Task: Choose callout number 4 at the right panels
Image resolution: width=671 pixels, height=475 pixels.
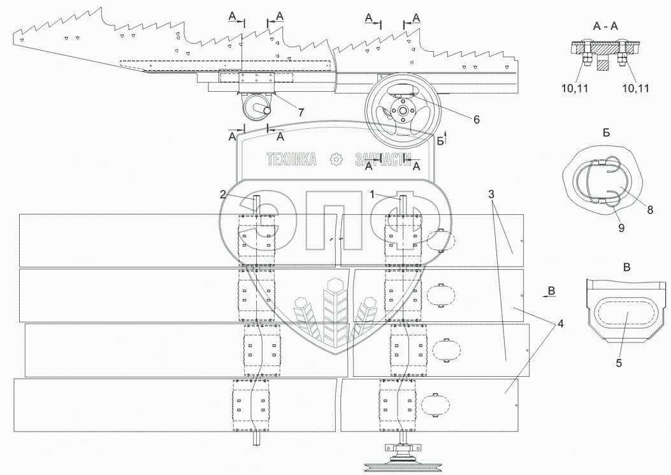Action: pyautogui.click(x=560, y=323)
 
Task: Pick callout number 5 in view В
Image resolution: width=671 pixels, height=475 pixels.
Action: pyautogui.click(x=619, y=363)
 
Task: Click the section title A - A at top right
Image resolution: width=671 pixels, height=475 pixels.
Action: pyautogui.click(x=605, y=26)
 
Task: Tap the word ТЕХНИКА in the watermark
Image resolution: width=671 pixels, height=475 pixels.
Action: pyautogui.click(x=292, y=160)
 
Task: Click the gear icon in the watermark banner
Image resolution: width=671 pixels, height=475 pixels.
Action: pyautogui.click(x=334, y=160)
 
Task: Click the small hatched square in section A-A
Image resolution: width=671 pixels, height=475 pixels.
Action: pyautogui.click(x=603, y=64)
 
